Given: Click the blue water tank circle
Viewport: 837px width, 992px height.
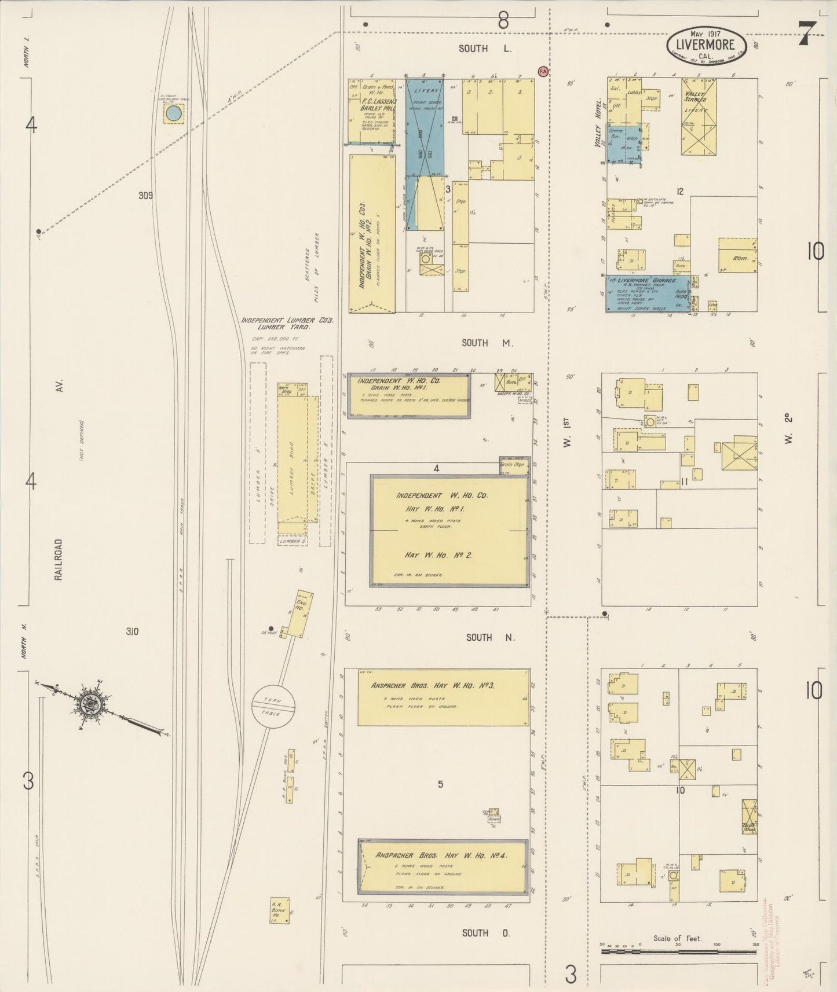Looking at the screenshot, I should [x=173, y=113].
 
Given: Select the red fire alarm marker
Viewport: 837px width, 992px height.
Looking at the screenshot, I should [x=543, y=71].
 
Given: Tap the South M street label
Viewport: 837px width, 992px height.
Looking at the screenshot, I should [x=487, y=343].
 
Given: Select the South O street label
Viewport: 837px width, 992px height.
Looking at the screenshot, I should [x=485, y=932].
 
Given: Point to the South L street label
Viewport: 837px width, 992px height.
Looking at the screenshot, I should [x=485, y=49].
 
